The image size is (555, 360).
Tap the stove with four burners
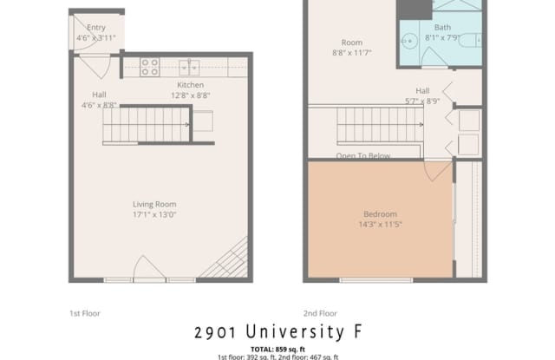[149, 66]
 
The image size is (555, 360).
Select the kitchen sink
[191, 66]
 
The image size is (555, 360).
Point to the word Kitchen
[191, 85]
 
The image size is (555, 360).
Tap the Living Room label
[154, 204]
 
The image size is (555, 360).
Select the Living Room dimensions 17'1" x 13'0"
[154, 214]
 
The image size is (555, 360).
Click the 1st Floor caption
[83, 312]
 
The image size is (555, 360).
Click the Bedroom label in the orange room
[380, 214]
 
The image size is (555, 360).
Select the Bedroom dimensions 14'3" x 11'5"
[380, 225]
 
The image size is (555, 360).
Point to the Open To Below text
[363, 156]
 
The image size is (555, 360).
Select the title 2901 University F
[277, 332]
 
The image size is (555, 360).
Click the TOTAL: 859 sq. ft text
[277, 348]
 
